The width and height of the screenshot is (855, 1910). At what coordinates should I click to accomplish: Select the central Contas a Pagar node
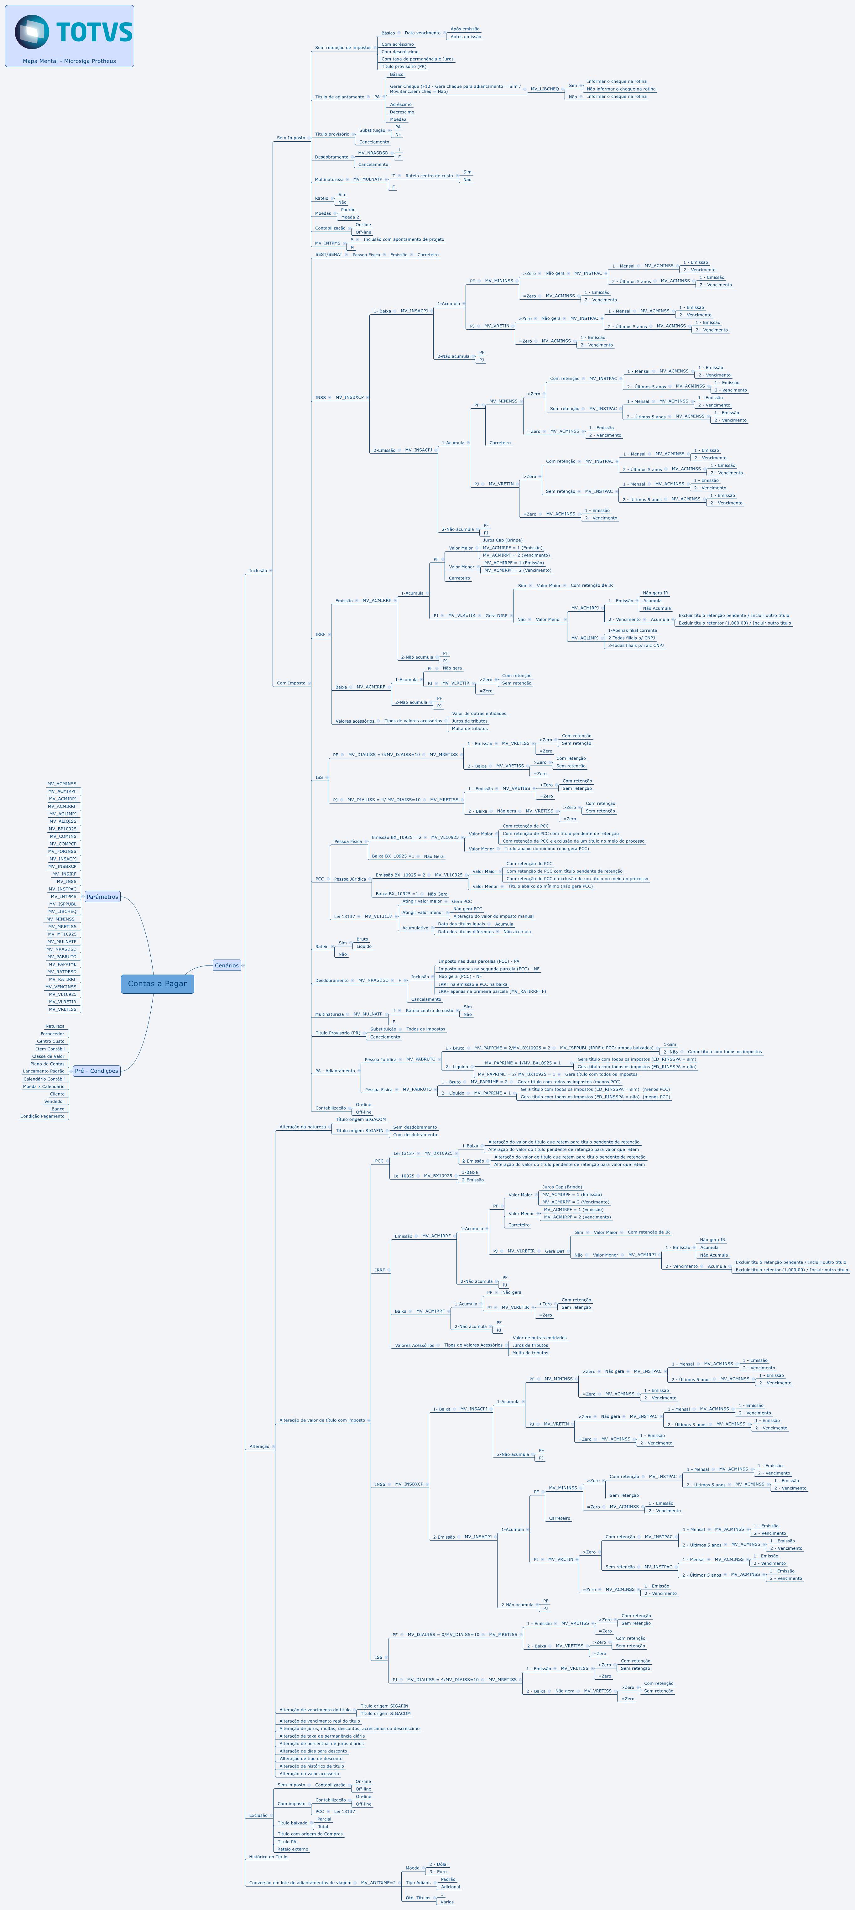point(157,983)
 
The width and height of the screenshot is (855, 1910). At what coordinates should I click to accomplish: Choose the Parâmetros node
point(102,897)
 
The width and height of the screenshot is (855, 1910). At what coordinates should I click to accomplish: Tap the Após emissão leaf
point(465,29)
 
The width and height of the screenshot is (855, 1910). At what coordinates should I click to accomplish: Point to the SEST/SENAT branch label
point(329,254)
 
